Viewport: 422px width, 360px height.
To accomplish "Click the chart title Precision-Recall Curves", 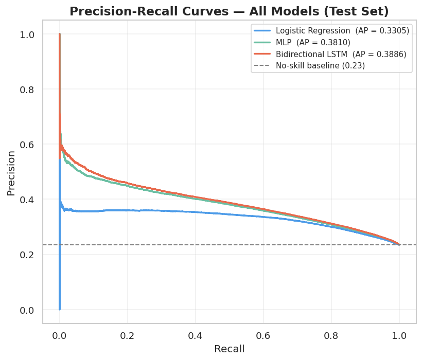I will (x=229, y=11).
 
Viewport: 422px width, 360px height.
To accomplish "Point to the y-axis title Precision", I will (x=11, y=172).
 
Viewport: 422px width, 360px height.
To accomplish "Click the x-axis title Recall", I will (x=229, y=349).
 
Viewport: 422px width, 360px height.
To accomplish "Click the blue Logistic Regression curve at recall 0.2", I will (x=128, y=210).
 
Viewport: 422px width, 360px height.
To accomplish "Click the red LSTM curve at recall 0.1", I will (x=94, y=172).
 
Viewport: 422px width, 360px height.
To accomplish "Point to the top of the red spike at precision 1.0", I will (x=60, y=34).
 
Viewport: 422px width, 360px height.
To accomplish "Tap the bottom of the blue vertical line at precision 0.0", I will (x=60, y=309).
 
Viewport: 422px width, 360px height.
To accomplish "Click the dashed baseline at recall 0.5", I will (x=229, y=245).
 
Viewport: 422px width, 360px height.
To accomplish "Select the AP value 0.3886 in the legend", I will (x=390, y=54).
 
